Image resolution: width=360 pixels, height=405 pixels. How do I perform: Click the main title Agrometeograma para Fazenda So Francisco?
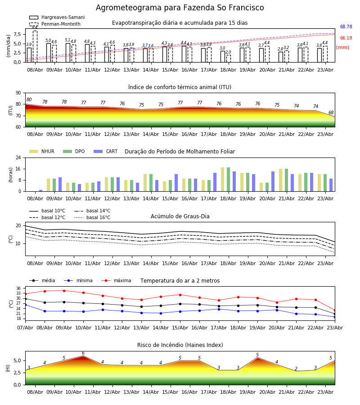[180, 8]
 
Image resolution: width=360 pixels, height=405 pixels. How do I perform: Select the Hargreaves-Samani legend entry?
[57, 17]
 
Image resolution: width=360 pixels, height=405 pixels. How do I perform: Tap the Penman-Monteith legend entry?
[55, 24]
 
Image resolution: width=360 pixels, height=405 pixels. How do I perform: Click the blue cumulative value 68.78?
[346, 27]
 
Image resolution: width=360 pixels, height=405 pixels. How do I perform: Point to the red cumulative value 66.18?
[346, 38]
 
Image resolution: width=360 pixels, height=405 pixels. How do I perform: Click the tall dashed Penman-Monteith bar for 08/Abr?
[35, 46]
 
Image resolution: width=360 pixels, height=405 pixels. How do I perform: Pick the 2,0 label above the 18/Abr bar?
[228, 52]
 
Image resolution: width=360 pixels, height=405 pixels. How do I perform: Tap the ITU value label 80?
[29, 100]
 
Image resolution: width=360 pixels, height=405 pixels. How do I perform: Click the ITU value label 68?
[331, 112]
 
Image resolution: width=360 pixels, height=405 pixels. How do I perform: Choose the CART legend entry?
[105, 151]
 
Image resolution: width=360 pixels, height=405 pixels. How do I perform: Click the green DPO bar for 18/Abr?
[228, 180]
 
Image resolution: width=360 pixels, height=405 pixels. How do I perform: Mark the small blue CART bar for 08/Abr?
[41, 191]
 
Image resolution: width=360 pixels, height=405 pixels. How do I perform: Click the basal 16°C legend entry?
[92, 217]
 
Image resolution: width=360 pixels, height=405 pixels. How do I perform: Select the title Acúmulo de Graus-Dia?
[180, 216]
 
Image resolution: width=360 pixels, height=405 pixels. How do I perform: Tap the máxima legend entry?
[117, 280]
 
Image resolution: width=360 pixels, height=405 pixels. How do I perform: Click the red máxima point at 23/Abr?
[335, 310]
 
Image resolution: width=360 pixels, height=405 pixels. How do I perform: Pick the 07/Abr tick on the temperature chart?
[25, 328]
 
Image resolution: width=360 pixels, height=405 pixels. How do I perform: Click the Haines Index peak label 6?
[83, 353]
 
